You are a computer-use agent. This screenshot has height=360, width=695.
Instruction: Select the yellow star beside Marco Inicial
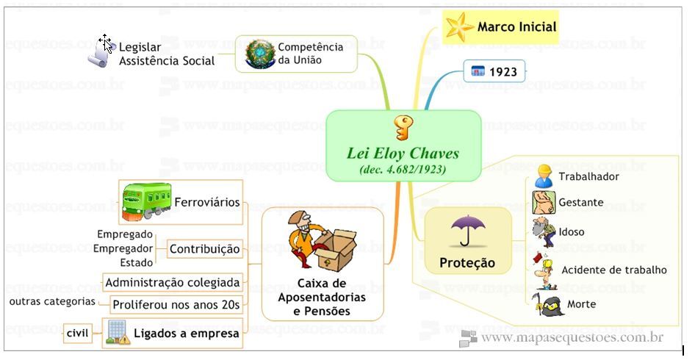tap(458, 27)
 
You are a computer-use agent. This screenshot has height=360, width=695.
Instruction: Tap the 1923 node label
tap(503, 72)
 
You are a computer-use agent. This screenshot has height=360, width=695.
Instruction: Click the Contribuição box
tap(205, 250)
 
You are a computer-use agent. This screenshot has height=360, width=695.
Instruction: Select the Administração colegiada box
tap(173, 282)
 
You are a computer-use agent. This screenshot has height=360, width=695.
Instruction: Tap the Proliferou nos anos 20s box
tap(176, 304)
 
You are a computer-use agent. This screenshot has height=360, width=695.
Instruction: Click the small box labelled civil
tap(77, 334)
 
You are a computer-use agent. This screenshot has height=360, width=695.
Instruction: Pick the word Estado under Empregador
tap(137, 262)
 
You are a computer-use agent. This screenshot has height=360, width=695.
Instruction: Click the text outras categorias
tap(52, 302)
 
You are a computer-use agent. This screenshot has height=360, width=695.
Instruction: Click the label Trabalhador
tap(588, 176)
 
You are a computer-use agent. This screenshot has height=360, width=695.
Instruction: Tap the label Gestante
tap(580, 202)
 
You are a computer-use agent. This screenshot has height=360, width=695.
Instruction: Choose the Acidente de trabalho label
tap(613, 270)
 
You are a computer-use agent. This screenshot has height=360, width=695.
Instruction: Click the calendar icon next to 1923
tap(478, 72)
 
